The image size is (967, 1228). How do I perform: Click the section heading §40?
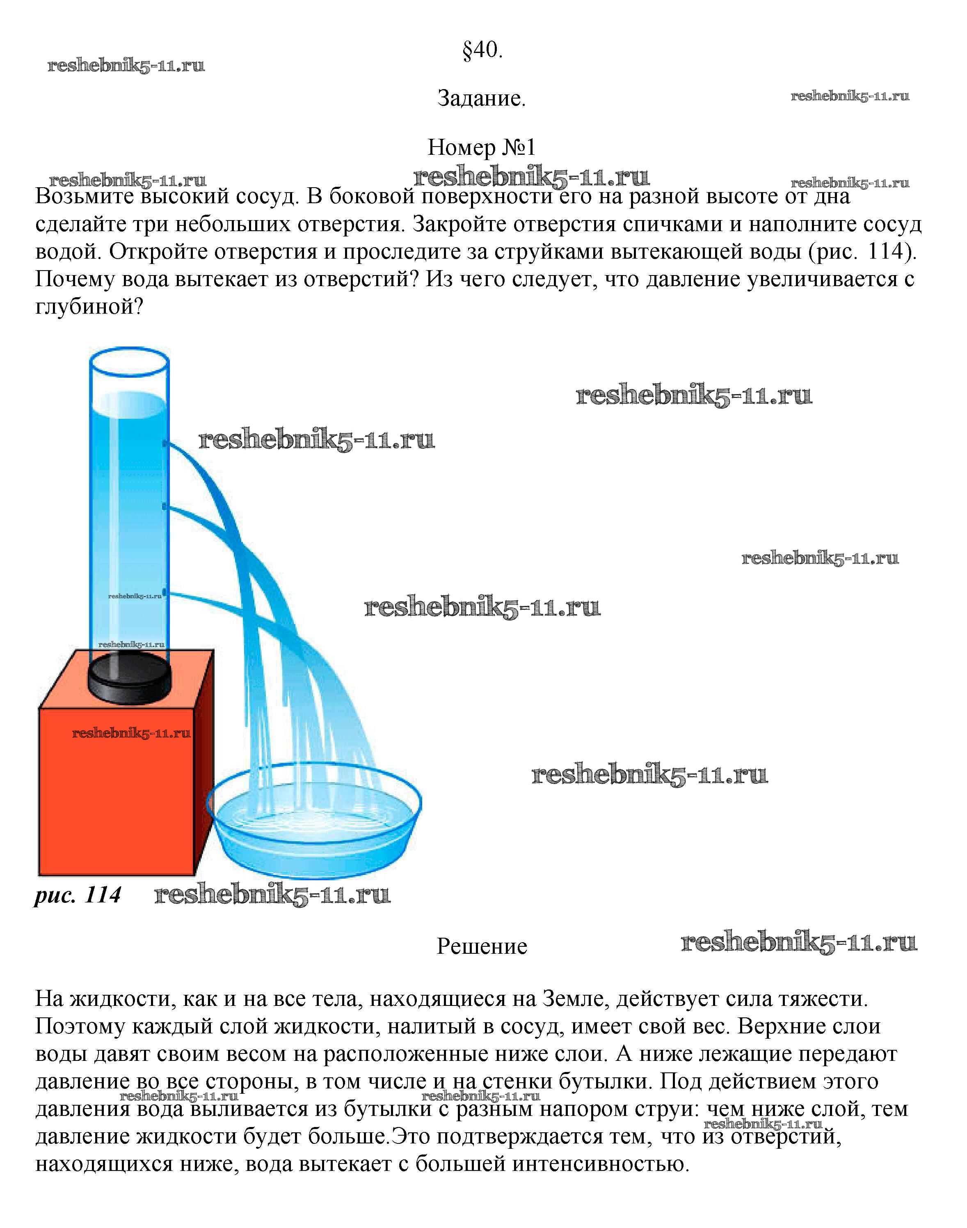pos(482,51)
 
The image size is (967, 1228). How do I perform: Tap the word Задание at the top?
pos(481,99)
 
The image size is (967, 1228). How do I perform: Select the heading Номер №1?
pos(481,147)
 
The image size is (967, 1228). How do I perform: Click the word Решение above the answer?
pos(482,946)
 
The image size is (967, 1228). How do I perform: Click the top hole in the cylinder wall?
pos(165,443)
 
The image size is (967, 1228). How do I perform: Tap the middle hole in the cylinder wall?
pos(165,505)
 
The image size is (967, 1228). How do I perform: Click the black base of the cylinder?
pos(130,679)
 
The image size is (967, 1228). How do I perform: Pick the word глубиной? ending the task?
pos(89,308)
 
